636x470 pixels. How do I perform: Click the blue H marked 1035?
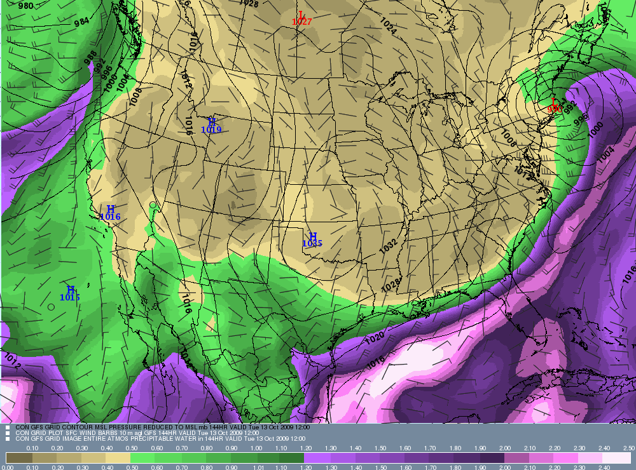(312, 236)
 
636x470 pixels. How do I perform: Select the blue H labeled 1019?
(212, 121)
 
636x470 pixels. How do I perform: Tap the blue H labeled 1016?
(110, 209)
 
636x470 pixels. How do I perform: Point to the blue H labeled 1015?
(71, 290)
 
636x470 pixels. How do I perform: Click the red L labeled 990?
(554, 102)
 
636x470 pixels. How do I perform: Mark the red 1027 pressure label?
(301, 22)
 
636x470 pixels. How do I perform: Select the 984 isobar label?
(81, 22)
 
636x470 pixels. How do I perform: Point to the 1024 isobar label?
(388, 25)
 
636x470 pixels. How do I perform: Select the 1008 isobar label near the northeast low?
(508, 135)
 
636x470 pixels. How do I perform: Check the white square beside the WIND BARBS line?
(8, 433)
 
